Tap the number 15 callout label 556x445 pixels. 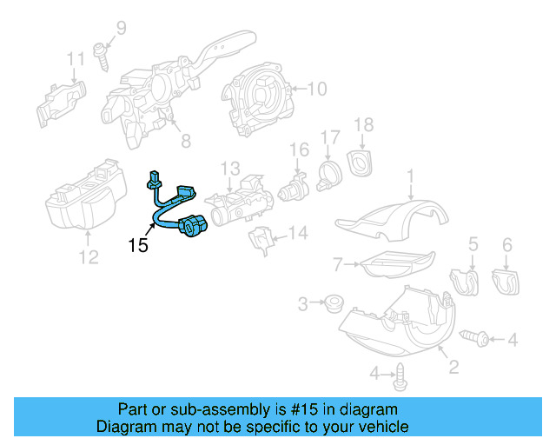(x=138, y=246)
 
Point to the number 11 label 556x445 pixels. (x=76, y=59)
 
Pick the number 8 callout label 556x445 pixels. (x=185, y=140)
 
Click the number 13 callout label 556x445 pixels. (x=229, y=167)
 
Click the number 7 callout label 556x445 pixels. (x=338, y=262)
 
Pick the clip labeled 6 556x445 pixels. (x=505, y=280)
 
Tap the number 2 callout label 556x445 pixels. (x=453, y=368)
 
